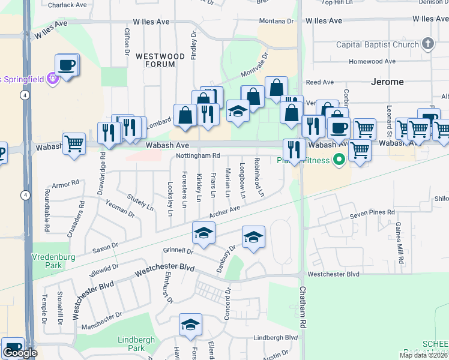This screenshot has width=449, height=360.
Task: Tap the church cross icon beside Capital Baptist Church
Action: (x=427, y=44)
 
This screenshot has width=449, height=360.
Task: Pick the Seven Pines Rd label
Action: (x=373, y=212)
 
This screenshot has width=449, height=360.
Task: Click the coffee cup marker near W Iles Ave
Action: (x=66, y=64)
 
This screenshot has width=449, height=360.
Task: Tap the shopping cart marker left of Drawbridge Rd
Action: (x=74, y=143)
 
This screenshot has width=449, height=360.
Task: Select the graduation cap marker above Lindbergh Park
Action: (x=190, y=325)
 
